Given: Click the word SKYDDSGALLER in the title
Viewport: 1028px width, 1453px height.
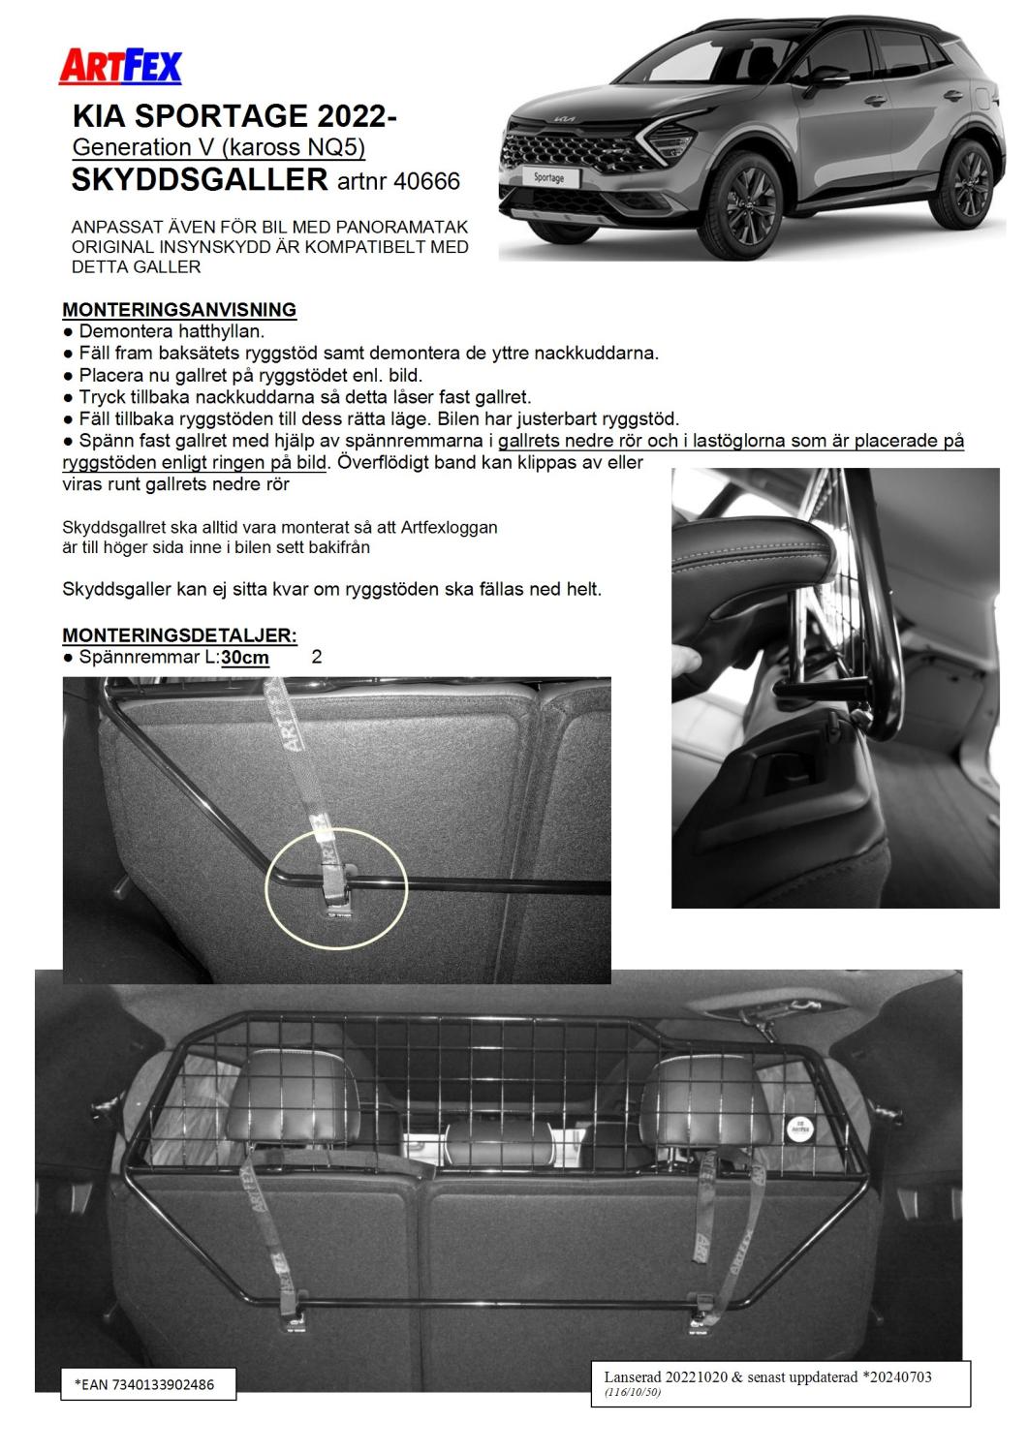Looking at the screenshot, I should click(201, 179).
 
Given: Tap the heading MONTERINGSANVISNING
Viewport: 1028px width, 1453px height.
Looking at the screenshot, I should click(179, 310).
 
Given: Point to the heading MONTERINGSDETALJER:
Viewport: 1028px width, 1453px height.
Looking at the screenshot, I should click(179, 635).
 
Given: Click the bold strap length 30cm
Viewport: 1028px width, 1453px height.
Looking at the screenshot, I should click(245, 658).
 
